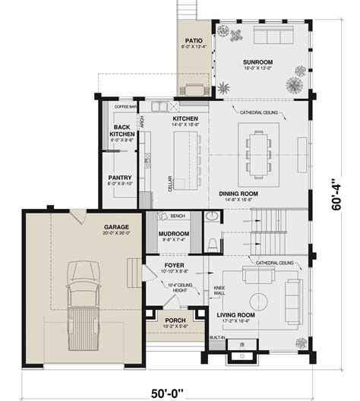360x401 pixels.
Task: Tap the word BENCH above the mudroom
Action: coord(179,216)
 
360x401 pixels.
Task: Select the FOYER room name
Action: coord(174,267)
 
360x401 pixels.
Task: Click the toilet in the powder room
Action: coord(213,244)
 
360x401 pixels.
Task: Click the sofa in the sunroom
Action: coord(275,39)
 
